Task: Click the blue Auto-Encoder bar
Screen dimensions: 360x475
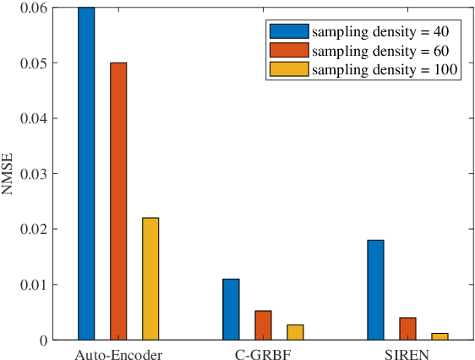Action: pyautogui.click(x=86, y=173)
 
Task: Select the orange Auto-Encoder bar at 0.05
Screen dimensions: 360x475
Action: pyautogui.click(x=118, y=201)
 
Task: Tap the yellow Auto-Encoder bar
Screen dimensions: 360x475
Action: pyautogui.click(x=150, y=279)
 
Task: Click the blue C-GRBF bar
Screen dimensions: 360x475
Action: pyautogui.click(x=231, y=309)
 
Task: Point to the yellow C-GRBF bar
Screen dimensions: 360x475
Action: pyautogui.click(x=295, y=332)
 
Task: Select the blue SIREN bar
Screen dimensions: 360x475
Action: pyautogui.click(x=375, y=290)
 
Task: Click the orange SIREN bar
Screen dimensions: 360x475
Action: pyautogui.click(x=407, y=329)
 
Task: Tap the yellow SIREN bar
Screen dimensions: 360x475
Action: pyautogui.click(x=440, y=336)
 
